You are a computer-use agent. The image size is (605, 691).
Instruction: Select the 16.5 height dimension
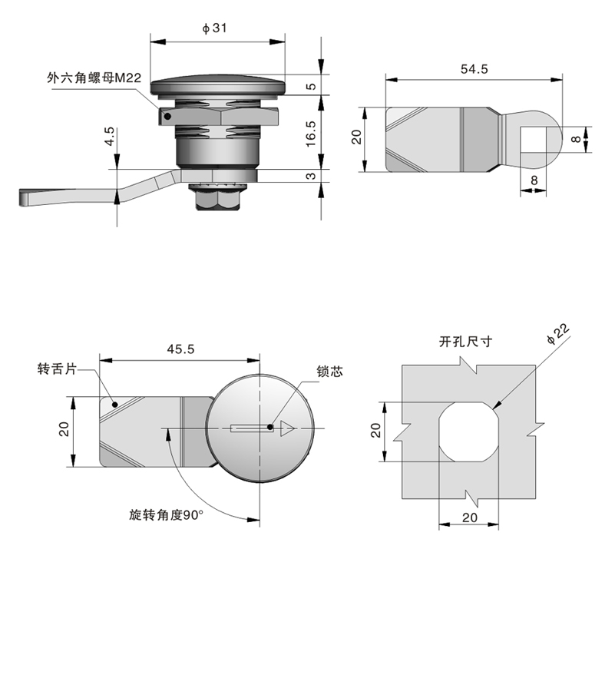point(311,132)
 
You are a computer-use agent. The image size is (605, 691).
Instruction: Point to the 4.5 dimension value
point(110,138)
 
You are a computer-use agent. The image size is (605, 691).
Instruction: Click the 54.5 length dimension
point(474,68)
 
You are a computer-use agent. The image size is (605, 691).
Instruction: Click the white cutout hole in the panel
point(468,431)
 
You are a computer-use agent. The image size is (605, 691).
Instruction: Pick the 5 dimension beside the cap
point(311,86)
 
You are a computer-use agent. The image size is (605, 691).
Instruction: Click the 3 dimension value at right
point(311,176)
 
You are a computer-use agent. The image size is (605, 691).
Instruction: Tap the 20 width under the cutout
point(470,517)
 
